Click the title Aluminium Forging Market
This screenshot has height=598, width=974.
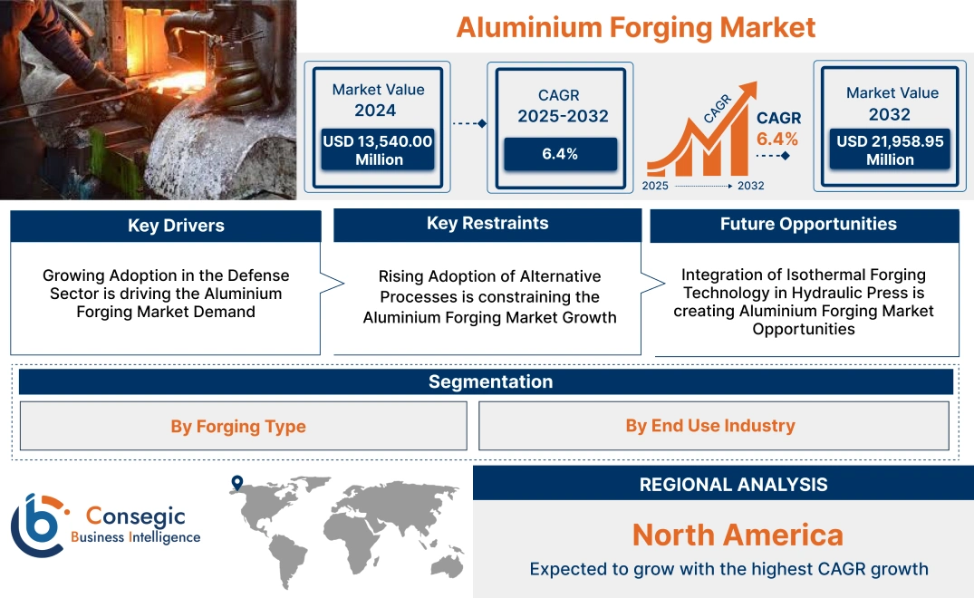[635, 27]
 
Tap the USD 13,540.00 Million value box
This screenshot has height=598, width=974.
[379, 150]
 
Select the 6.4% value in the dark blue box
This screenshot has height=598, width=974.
[560, 154]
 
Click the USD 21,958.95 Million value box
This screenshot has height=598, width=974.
[890, 150]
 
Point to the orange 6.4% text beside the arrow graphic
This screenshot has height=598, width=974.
[777, 139]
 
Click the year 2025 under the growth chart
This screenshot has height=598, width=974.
[656, 186]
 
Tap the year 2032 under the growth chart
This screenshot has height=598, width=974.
[750, 186]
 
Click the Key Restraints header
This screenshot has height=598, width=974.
[487, 224]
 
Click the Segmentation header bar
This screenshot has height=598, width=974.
[490, 381]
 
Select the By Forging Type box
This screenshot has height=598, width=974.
[238, 427]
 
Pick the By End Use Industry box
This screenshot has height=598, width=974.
[710, 426]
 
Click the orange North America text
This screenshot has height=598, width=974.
[737, 535]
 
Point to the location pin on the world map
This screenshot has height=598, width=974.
[237, 483]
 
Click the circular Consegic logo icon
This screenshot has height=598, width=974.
[36, 525]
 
